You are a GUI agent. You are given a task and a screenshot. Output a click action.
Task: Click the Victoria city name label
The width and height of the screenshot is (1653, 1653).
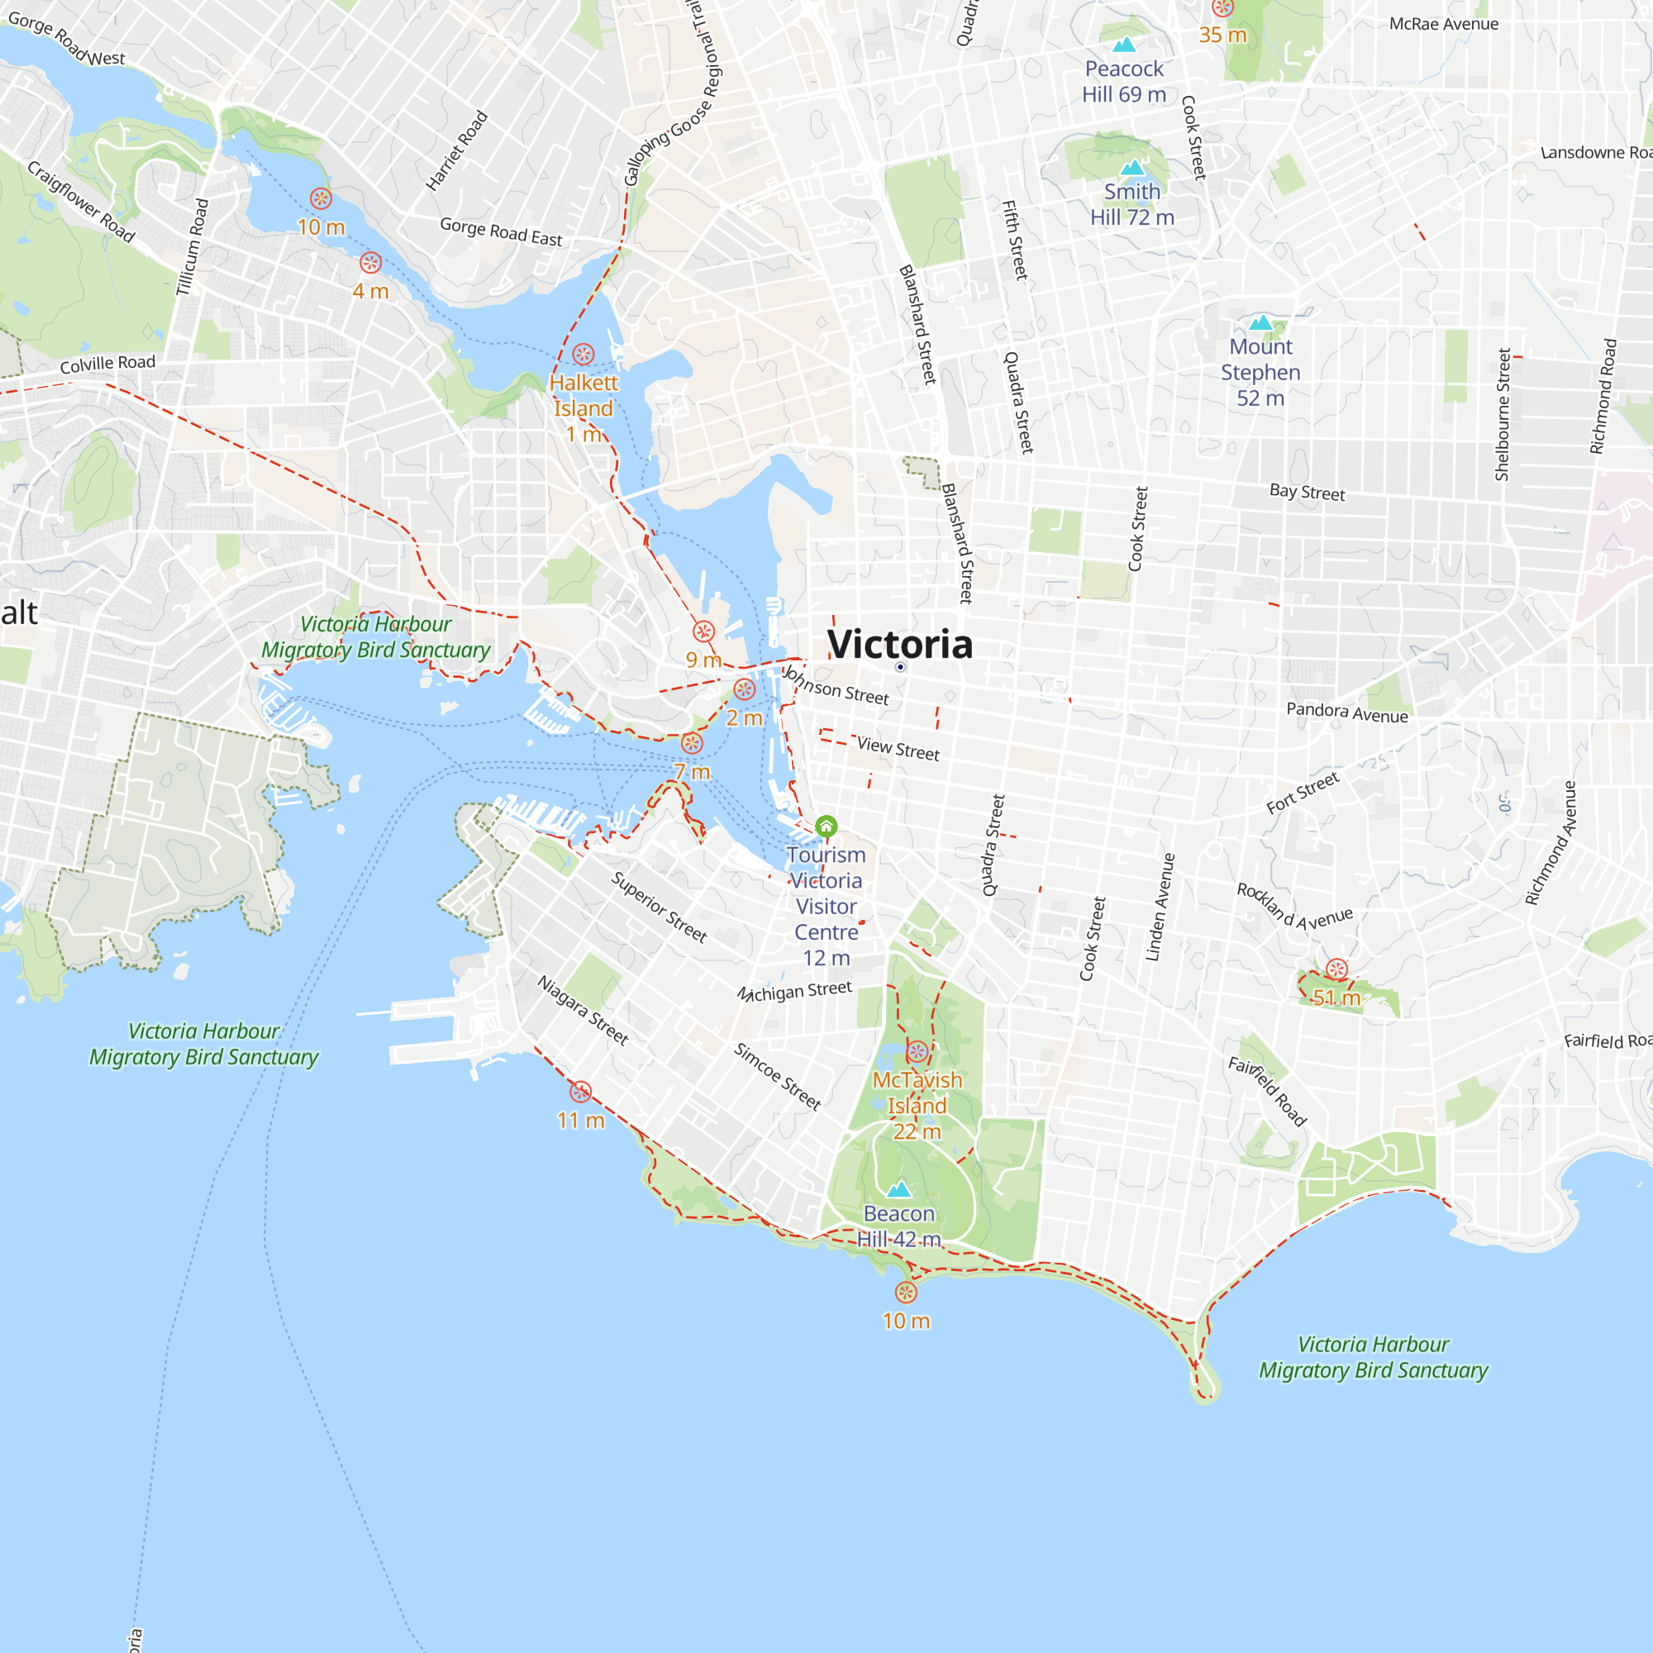(x=899, y=645)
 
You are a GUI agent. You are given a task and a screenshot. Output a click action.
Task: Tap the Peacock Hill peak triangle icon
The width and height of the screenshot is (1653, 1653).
(x=1124, y=45)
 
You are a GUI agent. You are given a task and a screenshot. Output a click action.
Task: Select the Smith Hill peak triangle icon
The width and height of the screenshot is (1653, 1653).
(x=1132, y=168)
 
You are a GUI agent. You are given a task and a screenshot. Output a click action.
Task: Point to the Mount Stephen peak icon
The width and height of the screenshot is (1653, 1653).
(x=1260, y=322)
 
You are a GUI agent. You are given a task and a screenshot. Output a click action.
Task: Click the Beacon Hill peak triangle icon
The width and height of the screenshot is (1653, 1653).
(x=898, y=1189)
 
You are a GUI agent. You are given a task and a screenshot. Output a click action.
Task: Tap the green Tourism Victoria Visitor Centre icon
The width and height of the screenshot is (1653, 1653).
(x=826, y=826)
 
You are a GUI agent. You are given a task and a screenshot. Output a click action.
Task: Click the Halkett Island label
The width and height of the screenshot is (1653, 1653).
(x=584, y=395)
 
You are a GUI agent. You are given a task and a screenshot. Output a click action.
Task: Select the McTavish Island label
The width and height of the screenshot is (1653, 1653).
(x=917, y=1093)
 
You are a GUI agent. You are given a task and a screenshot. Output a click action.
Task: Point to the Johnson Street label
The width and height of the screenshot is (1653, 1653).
(x=836, y=685)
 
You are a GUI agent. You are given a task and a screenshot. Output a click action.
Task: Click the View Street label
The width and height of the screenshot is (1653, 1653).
(x=898, y=749)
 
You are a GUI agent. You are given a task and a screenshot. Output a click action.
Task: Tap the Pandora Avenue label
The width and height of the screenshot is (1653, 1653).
(x=1346, y=712)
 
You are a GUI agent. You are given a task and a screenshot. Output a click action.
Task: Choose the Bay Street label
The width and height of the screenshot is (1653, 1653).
(x=1307, y=492)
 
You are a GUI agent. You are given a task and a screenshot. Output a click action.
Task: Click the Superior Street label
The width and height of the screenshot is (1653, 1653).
(x=659, y=907)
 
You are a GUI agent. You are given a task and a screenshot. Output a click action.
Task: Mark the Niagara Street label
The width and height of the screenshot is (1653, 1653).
(x=583, y=1011)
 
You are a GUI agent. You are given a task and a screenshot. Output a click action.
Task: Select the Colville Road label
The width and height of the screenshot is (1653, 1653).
(x=107, y=364)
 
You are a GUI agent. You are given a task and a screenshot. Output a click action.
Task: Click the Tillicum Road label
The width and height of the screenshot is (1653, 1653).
(x=193, y=247)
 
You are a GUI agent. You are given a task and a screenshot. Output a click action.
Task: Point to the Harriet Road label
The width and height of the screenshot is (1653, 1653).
(x=457, y=150)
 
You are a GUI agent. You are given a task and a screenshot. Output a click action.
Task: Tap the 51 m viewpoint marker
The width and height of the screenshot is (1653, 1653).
(x=1336, y=969)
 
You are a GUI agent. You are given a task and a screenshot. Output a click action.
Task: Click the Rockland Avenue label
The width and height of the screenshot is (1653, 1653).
(x=1294, y=907)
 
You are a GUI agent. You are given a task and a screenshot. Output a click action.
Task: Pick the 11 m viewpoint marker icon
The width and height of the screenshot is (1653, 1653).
(x=581, y=1092)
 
